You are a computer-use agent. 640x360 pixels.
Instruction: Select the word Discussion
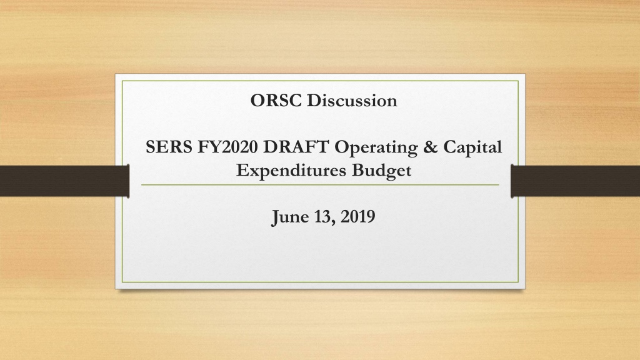coord(352,101)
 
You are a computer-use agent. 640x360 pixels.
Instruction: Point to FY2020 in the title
coord(227,147)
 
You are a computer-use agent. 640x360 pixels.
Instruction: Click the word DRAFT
coord(296,147)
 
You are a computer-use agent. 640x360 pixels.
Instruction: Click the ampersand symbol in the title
coord(430,147)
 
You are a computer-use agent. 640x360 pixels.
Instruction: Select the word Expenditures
coord(291,170)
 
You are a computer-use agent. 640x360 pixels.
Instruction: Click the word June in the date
coord(291,217)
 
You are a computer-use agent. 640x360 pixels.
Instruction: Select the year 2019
coord(358,217)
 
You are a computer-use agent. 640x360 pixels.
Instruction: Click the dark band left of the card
coord(64,181)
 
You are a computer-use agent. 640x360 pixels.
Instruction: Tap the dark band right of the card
coord(575,181)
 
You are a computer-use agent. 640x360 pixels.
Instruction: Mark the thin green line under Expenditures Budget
coord(320,185)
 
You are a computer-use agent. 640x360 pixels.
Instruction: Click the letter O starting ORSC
coord(257,101)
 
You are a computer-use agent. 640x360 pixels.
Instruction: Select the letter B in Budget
coord(358,170)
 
